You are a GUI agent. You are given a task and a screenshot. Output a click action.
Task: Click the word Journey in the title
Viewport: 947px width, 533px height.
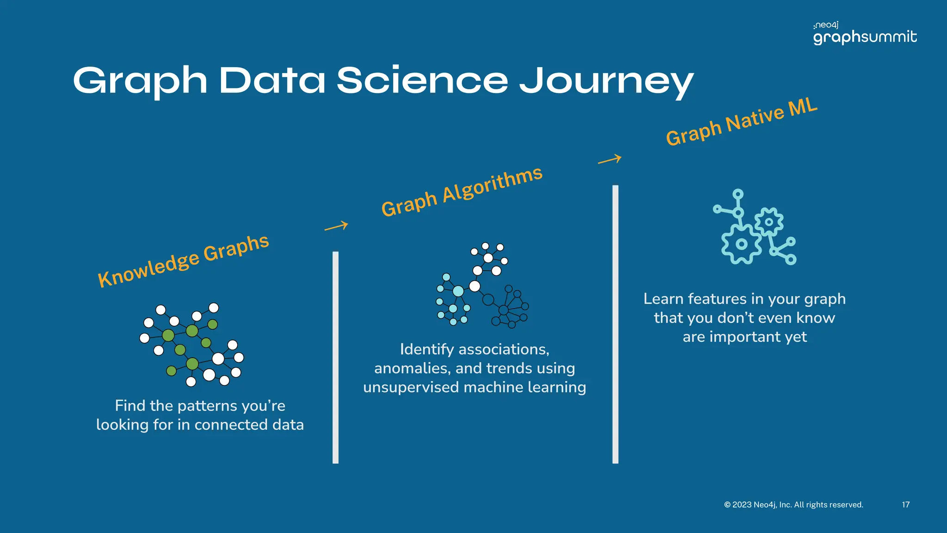[x=606, y=81]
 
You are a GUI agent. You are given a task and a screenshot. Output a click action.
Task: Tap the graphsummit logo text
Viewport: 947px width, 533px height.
[x=865, y=37]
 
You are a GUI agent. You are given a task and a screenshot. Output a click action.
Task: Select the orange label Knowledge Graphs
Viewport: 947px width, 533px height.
[x=183, y=260]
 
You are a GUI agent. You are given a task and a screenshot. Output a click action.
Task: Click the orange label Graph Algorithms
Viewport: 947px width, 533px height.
[x=461, y=191]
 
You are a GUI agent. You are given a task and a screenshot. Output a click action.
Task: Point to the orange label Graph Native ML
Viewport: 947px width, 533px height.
[x=742, y=122]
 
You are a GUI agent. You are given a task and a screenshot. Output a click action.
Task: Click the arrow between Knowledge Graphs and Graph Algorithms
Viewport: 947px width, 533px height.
[x=336, y=226]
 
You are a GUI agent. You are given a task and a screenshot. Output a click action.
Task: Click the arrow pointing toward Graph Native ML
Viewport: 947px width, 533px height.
[x=609, y=160]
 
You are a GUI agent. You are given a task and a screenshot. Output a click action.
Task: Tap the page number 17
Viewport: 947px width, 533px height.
[x=905, y=505]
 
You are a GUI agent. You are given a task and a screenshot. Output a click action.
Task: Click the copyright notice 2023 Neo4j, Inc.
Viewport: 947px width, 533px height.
[x=793, y=505]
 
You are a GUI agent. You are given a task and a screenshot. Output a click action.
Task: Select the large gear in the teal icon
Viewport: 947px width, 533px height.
[x=741, y=244]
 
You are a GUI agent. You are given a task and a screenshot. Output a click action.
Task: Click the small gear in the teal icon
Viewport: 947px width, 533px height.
[x=769, y=222]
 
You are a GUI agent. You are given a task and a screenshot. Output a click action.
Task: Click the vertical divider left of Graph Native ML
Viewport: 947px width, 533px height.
[x=615, y=324]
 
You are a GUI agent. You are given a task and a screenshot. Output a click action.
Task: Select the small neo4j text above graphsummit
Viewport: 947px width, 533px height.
[x=826, y=25]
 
